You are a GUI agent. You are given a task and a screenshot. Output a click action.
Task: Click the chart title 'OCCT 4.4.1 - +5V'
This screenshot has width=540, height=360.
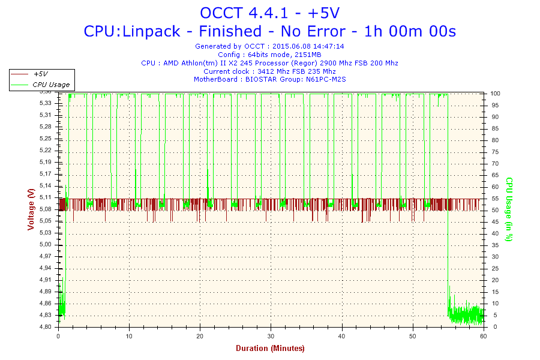(269, 13)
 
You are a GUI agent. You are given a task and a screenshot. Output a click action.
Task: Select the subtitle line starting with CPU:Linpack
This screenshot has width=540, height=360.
(269, 31)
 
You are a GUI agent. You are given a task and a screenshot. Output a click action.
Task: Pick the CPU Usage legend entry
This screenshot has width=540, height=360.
(50, 85)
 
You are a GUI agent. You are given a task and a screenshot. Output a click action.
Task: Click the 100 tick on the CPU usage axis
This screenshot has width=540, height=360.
(496, 94)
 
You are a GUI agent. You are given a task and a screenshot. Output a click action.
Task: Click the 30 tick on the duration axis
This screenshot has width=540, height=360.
(271, 336)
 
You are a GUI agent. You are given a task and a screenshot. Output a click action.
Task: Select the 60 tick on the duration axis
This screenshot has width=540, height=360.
(484, 336)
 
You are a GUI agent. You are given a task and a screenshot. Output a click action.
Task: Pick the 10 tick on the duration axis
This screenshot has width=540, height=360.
(129, 336)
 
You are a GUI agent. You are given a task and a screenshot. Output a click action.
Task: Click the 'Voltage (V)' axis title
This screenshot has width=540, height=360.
(31, 209)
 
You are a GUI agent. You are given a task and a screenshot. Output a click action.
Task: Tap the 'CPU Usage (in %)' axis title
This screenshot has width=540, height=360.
(509, 209)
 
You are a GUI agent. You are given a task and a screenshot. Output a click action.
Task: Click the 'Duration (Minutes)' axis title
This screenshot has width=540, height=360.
(270, 348)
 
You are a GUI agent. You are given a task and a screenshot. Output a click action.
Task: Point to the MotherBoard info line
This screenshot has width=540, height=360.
(269, 79)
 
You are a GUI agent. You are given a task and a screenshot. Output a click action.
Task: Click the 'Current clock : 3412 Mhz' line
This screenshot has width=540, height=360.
(269, 71)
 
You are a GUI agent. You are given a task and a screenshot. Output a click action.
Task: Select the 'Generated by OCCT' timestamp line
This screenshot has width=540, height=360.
(269, 46)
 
